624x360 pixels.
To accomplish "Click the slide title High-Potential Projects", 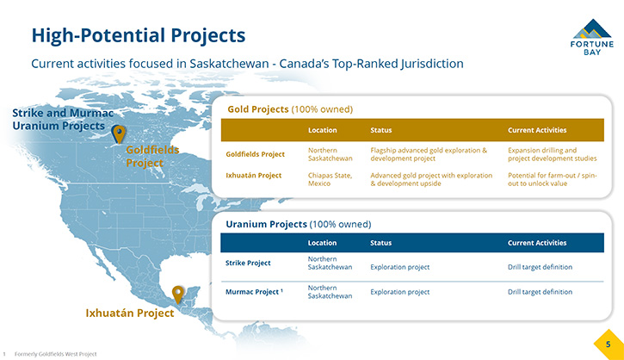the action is point(139,36).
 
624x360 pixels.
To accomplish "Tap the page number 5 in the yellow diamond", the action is point(608,344).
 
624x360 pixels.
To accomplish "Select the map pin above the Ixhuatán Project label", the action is point(178,295).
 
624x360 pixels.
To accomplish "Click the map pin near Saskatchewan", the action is point(118,133).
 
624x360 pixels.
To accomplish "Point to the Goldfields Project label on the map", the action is point(152,156).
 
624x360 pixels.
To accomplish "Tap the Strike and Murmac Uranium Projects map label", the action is point(63,120).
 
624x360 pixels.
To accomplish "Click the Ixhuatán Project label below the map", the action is point(130,313).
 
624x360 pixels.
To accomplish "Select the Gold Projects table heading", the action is point(290,109).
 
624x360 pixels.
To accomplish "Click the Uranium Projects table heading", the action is point(299,224).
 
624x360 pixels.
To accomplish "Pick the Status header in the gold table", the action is point(380,130).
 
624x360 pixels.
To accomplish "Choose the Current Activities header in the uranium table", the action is point(537,243).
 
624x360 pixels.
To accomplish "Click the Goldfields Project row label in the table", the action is point(255,154).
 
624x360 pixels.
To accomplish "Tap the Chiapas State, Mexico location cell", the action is point(330,179).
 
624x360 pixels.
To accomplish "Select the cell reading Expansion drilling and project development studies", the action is point(552,154).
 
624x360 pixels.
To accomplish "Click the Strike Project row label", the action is point(248,263).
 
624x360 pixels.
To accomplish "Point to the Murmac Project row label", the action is point(254,292).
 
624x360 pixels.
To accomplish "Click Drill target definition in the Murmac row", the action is point(540,292).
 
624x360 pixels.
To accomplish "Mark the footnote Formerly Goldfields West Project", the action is point(55,354).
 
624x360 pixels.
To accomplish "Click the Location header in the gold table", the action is point(323,130).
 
